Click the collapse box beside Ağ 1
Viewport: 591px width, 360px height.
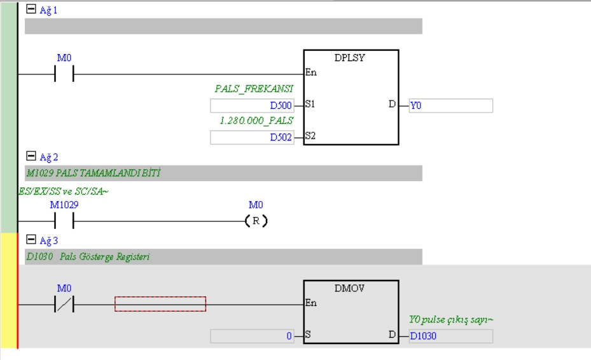(x=30, y=10)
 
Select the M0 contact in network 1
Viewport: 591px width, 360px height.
(x=64, y=74)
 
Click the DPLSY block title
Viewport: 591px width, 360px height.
(x=350, y=58)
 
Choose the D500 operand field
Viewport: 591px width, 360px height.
(x=252, y=106)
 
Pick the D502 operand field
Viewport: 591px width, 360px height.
(x=252, y=137)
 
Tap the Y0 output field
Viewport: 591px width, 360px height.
(x=450, y=106)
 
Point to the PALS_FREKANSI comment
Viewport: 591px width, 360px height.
(x=254, y=89)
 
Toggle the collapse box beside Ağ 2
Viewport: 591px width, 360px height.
(x=30, y=156)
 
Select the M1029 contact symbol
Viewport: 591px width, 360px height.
(x=64, y=221)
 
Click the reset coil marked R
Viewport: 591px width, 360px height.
(x=256, y=221)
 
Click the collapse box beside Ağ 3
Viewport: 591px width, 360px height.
(x=30, y=240)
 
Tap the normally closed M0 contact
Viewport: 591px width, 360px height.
(x=64, y=305)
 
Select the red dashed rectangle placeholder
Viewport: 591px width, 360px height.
(x=160, y=304)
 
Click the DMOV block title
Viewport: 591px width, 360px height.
(x=350, y=288)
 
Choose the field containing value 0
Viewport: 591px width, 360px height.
(x=252, y=336)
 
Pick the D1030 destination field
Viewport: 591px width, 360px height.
(x=450, y=336)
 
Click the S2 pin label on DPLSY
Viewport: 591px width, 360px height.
(x=310, y=135)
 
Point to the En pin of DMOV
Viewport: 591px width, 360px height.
(x=311, y=303)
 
